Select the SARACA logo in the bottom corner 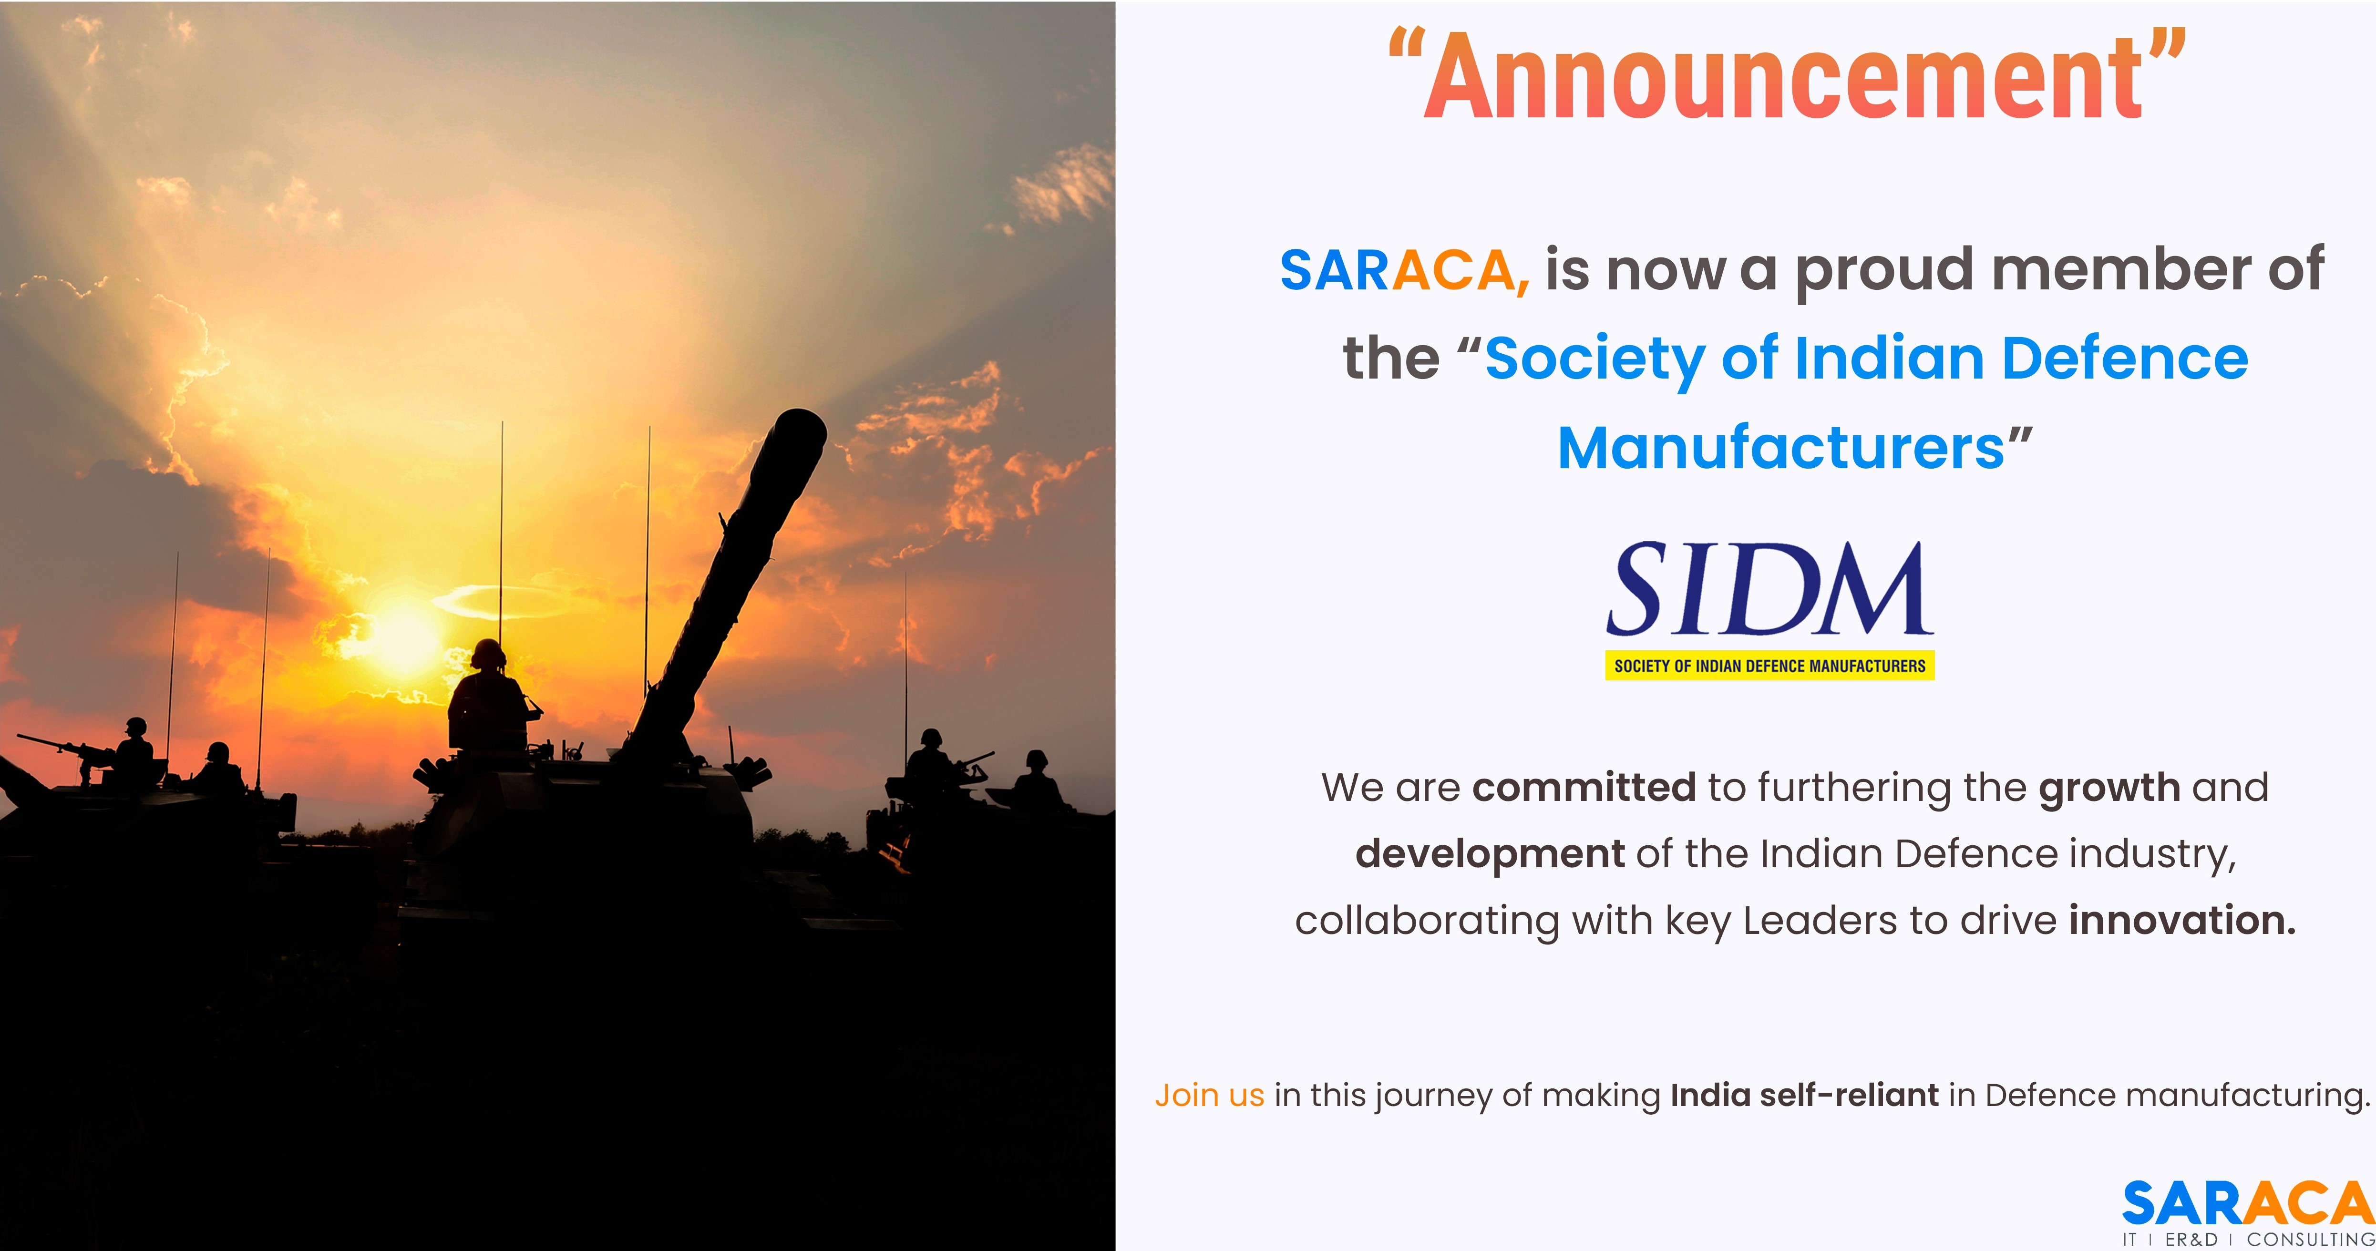click(2248, 1212)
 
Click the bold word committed click(1584, 788)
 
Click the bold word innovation click(2182, 921)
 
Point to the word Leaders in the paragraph click(1815, 921)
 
